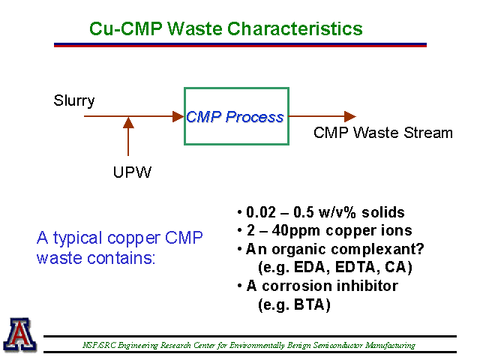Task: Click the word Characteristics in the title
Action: pyautogui.click(x=295, y=28)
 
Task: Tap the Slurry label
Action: pyautogui.click(x=74, y=101)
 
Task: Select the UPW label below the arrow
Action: pyautogui.click(x=132, y=172)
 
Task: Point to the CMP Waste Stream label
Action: pyautogui.click(x=383, y=133)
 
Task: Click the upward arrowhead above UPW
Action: pyautogui.click(x=128, y=122)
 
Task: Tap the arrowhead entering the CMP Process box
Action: pyautogui.click(x=178, y=116)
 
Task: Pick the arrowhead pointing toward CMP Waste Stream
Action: pyautogui.click(x=350, y=116)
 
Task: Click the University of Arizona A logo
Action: pyautogui.click(x=20, y=335)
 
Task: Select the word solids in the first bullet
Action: pyautogui.click(x=383, y=212)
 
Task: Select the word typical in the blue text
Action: pyautogui.click(x=77, y=238)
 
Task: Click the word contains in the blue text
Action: pyautogui.click(x=121, y=258)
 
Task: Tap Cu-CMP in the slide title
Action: pyautogui.click(x=126, y=28)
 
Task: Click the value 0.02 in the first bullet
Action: pyautogui.click(x=261, y=212)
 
